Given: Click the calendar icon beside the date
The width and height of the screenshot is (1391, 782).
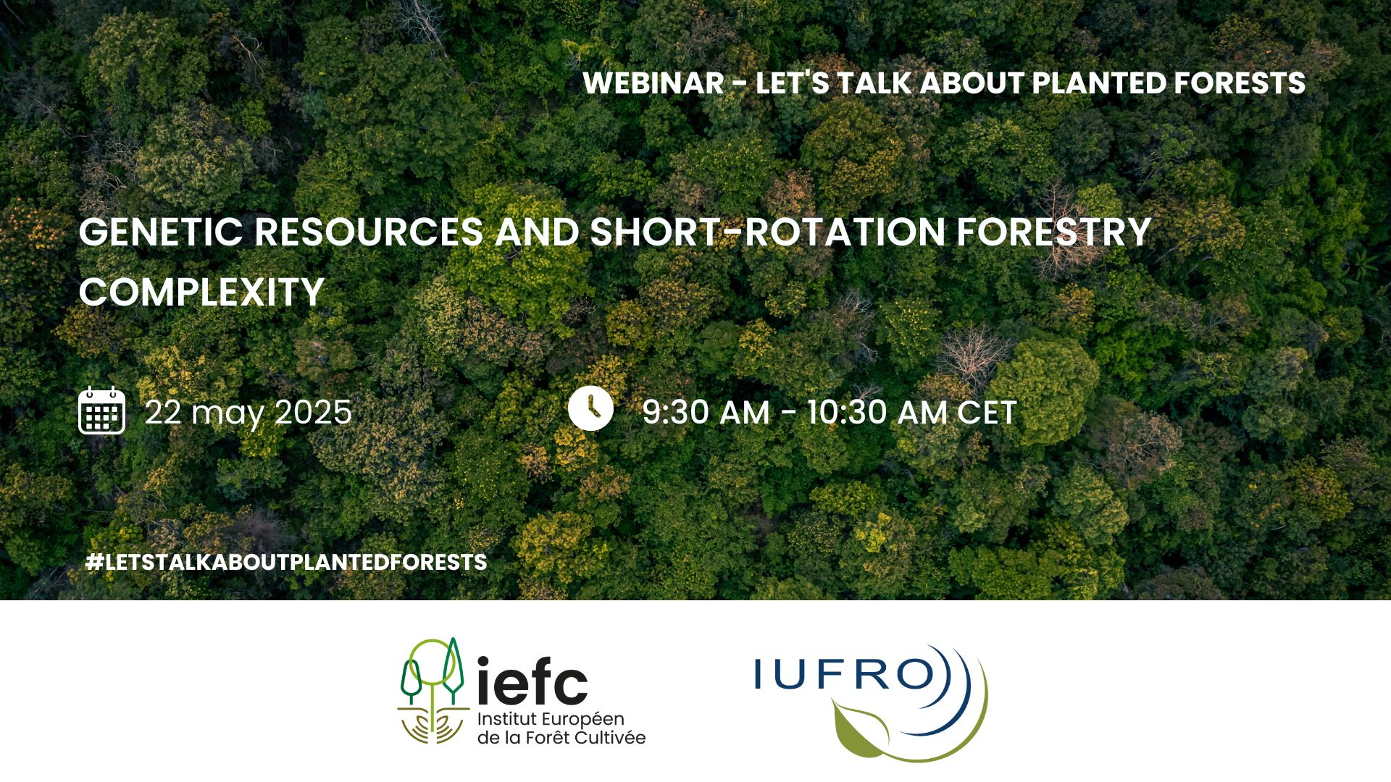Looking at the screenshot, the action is (101, 411).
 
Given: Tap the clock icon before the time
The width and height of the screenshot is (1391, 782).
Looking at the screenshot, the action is (590, 408).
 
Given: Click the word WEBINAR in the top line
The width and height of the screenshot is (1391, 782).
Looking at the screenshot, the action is (653, 83).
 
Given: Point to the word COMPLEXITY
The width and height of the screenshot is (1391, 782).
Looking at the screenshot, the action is (201, 293).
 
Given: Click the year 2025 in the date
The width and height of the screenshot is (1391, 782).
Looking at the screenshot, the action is (313, 412).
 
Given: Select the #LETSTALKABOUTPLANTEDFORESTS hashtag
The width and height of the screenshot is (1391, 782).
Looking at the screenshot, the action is (286, 562).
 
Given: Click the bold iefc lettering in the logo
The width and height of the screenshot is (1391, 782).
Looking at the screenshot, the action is (532, 681).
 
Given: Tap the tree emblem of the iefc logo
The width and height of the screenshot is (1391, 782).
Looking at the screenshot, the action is (433, 691).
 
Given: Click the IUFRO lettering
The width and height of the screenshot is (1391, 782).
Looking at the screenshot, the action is (845, 674).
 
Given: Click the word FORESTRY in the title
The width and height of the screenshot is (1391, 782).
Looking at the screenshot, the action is (1054, 232).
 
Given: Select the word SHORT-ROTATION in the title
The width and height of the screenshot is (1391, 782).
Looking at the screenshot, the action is (767, 232).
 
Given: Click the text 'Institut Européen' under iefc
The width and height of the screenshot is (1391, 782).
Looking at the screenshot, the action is (551, 719).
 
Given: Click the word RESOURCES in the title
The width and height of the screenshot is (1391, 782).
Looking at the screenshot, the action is (369, 232).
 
